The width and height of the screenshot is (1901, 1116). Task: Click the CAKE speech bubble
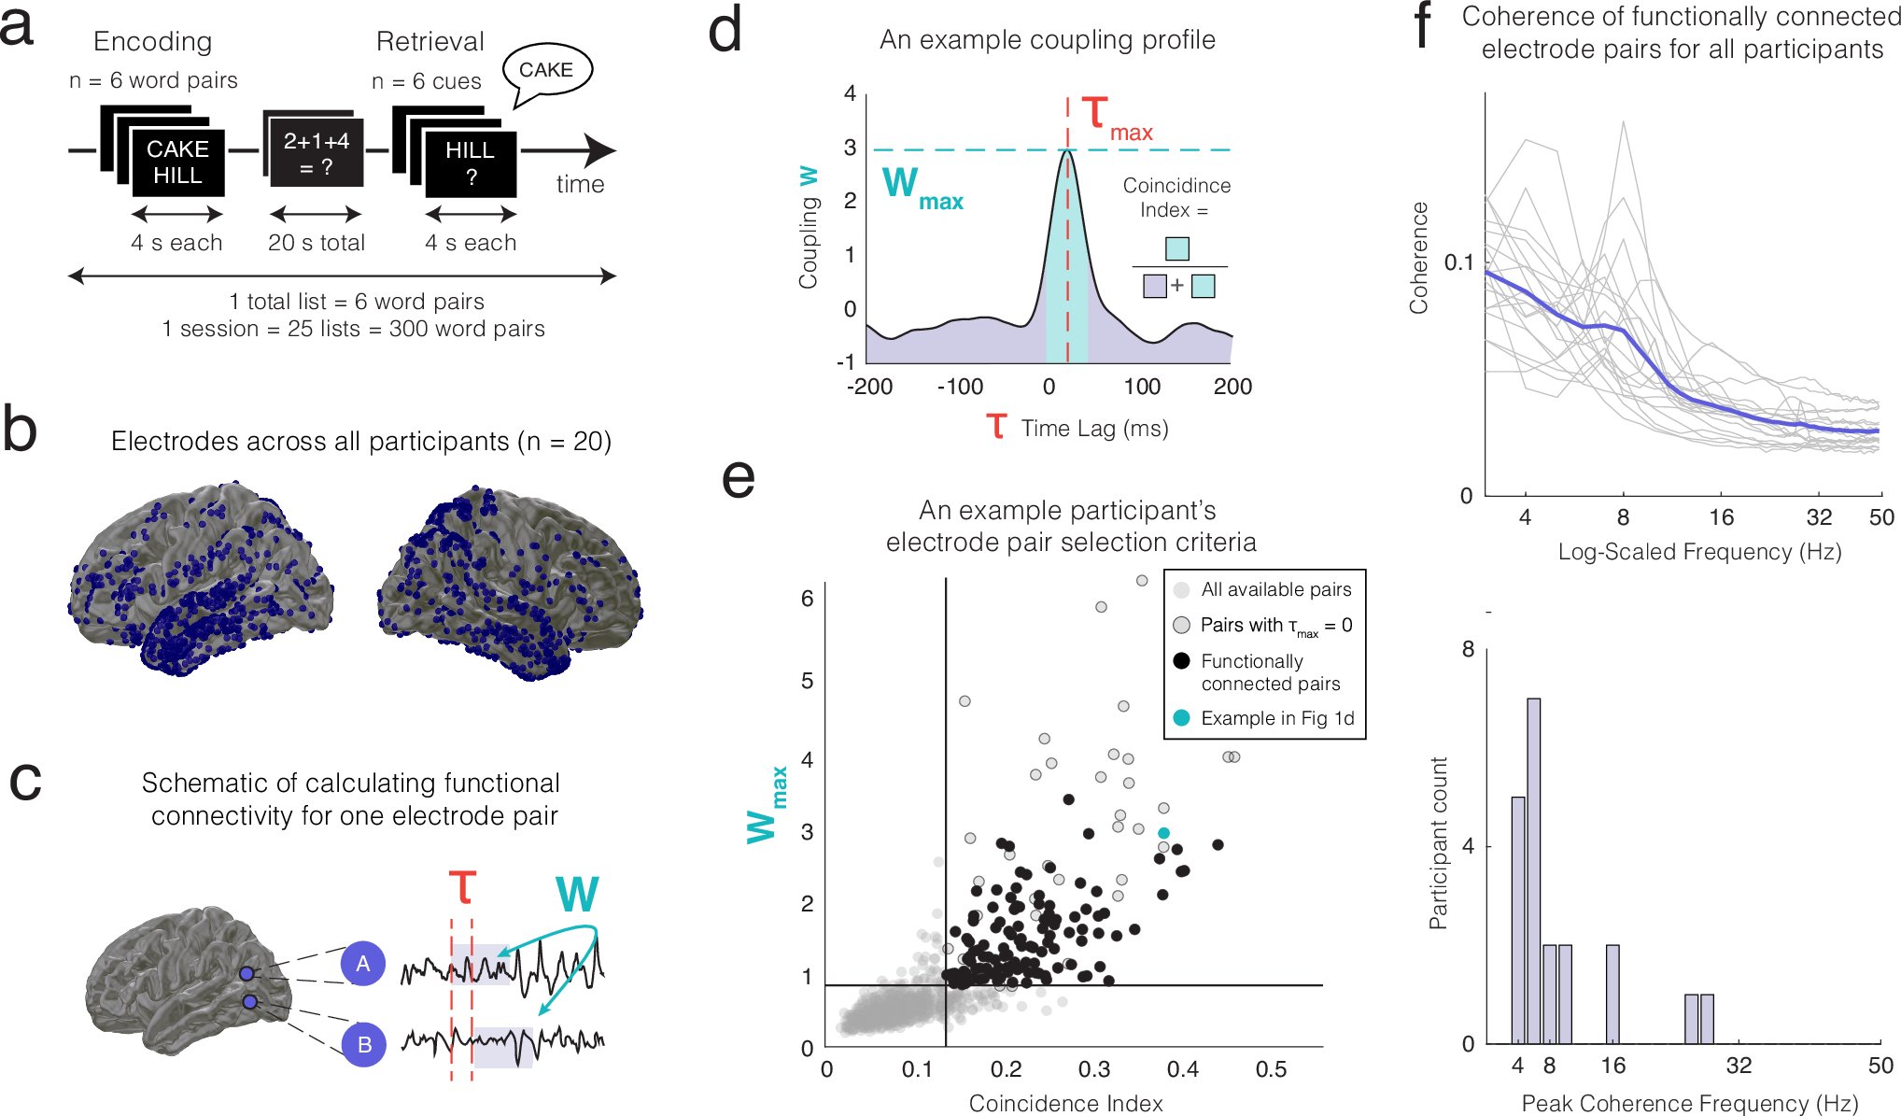click(546, 71)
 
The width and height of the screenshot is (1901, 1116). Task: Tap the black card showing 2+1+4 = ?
click(316, 154)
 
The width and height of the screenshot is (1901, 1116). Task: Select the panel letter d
click(725, 32)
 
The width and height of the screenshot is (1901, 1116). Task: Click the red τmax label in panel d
click(1117, 120)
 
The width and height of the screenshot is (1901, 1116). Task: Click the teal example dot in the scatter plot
click(1163, 833)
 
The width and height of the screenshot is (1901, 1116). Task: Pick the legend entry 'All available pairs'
click(1275, 589)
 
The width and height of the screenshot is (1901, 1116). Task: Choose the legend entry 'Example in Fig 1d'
click(1276, 718)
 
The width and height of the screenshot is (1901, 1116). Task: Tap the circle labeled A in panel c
click(363, 964)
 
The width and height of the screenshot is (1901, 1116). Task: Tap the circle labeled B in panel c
click(363, 1044)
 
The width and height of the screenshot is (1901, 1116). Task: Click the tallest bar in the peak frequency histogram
click(1533, 870)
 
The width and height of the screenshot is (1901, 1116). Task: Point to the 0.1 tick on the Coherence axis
click(1458, 262)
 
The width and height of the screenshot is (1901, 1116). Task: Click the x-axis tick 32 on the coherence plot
click(1818, 517)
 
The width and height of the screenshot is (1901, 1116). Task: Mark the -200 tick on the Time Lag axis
click(869, 387)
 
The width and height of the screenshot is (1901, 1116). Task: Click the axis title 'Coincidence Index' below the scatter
click(1065, 1103)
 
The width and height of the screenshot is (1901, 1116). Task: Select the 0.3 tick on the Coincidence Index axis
click(1094, 1069)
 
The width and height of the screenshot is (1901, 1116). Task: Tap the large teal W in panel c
click(577, 894)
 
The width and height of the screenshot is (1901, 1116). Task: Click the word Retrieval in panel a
click(429, 41)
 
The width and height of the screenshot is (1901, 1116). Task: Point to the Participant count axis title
click(1439, 843)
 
